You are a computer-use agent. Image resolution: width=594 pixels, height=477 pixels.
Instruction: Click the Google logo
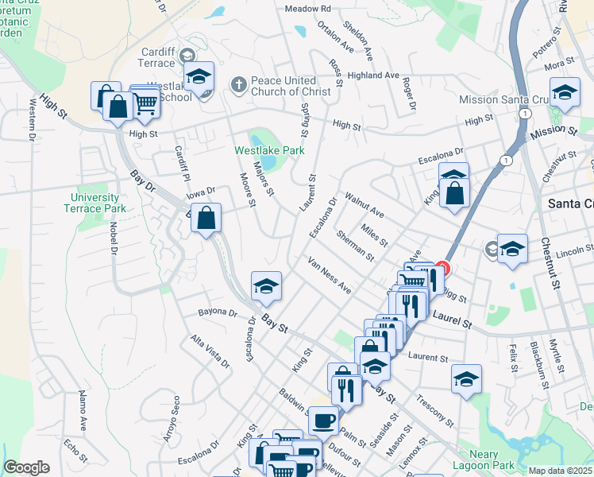tap(26, 467)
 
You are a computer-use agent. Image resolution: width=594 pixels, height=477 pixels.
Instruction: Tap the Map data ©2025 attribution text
tap(560, 471)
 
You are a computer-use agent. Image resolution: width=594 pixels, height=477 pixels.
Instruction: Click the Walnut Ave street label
tap(364, 204)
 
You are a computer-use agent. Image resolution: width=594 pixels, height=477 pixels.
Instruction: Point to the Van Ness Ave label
tap(329, 276)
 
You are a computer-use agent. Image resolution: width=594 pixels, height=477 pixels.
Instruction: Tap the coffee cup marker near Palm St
tap(323, 419)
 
